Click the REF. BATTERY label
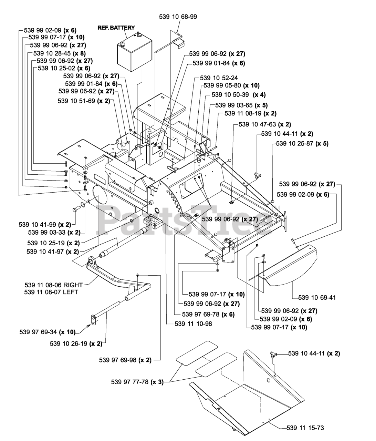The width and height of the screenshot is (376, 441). pos(116,28)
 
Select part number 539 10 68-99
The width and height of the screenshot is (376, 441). pos(178,17)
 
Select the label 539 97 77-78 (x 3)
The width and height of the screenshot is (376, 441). pos(137,382)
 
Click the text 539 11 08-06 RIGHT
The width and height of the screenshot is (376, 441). pos(54,285)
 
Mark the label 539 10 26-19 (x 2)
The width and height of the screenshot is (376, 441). pos(76,343)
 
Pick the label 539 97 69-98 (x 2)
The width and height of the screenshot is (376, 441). pos(125,360)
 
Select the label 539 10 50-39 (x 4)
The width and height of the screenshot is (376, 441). pos(239,95)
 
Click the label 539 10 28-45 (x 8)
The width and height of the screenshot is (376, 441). pos(59,53)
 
